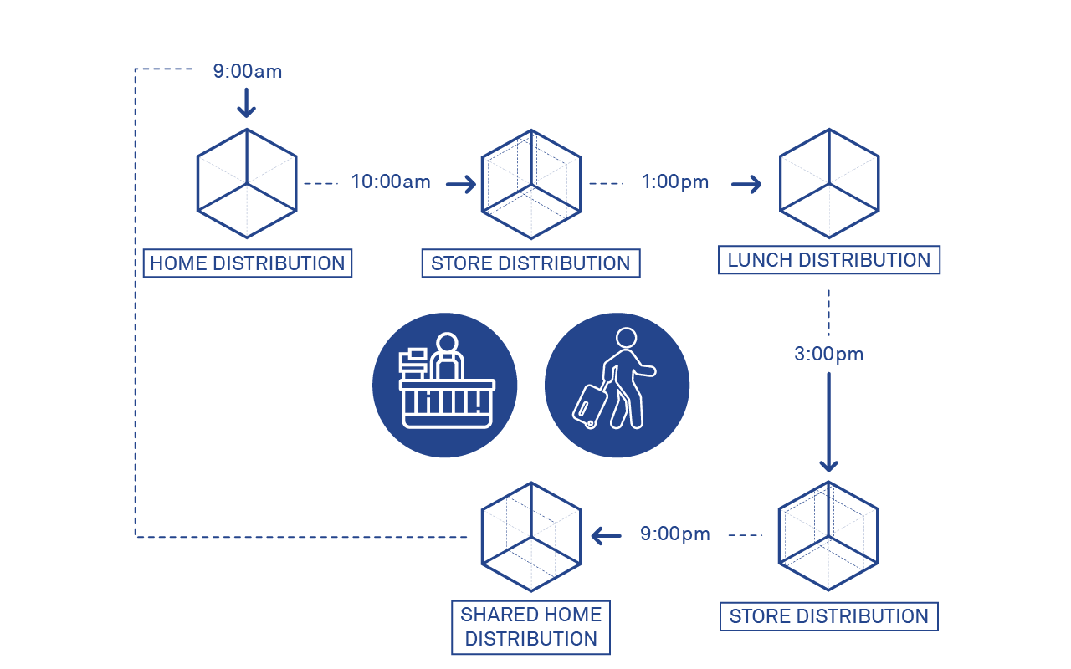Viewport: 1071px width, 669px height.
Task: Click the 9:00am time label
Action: pos(247,72)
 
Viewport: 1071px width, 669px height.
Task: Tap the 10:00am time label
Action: pos(391,182)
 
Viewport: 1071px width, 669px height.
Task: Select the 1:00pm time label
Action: pos(675,182)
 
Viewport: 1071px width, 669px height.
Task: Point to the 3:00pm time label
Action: pos(828,355)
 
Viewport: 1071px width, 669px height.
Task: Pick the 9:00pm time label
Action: pos(674,534)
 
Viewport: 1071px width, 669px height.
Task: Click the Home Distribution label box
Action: pos(247,263)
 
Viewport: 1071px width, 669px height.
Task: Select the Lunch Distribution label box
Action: pos(828,260)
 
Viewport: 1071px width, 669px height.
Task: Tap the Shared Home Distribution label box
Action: pos(530,627)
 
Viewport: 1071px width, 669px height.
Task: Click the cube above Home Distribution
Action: pos(247,183)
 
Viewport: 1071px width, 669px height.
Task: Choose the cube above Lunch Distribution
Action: pos(829,183)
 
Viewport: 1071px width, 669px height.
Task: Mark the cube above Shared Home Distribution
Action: pos(531,536)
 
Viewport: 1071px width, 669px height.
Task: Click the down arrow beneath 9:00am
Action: pos(246,103)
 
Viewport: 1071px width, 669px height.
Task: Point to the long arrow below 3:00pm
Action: pos(828,422)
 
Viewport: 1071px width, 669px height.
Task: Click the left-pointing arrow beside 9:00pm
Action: pos(607,534)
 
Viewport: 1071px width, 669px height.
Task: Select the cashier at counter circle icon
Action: pos(445,386)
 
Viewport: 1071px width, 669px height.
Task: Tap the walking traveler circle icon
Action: pos(617,386)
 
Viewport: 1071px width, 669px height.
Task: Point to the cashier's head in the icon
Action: pos(447,344)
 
